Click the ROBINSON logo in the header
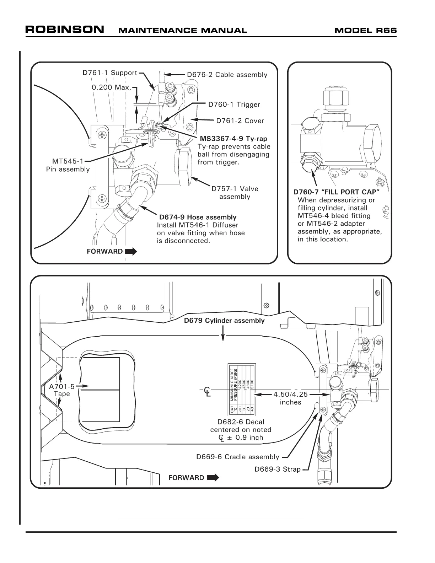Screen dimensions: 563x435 [x=65, y=29]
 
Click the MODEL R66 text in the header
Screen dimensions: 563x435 [x=365, y=30]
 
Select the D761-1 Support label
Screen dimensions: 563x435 [x=109, y=73]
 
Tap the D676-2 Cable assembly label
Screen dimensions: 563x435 [x=227, y=75]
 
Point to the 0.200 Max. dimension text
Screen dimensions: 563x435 [x=112, y=87]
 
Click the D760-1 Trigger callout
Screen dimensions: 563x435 [x=234, y=104]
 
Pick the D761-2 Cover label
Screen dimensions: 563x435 [x=240, y=121]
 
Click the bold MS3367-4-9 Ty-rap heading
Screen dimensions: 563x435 [x=233, y=139]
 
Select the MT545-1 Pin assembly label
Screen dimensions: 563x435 [x=68, y=165]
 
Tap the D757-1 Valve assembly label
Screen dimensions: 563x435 [x=235, y=193]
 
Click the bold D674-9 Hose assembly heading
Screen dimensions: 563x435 [x=198, y=217]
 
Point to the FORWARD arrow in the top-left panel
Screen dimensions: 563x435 [x=131, y=252]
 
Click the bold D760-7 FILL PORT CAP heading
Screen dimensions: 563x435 [x=337, y=192]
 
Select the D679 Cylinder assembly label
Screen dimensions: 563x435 [x=224, y=321]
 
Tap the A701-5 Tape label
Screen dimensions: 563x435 [x=62, y=390]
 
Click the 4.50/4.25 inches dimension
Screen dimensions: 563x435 [x=290, y=398]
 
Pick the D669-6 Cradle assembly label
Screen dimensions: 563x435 [x=238, y=457]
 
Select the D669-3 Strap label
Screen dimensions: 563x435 [x=277, y=469]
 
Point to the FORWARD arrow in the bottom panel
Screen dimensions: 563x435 [x=213, y=478]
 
